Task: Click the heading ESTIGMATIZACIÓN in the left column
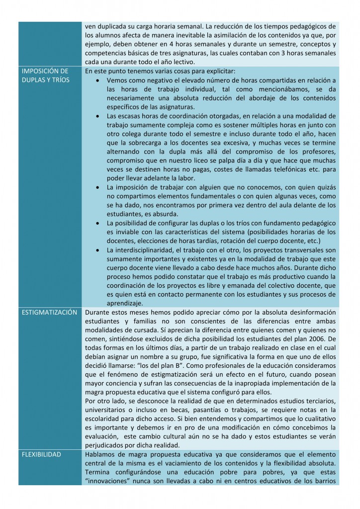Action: point(49,313)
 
